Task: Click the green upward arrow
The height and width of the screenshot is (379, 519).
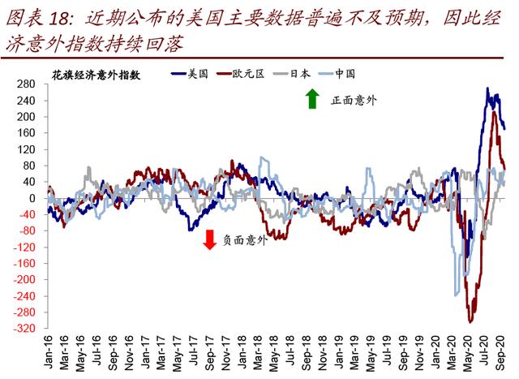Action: pyautogui.click(x=311, y=100)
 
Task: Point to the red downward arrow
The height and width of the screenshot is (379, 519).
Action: pyautogui.click(x=209, y=239)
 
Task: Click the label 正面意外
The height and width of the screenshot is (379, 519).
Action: pyautogui.click(x=354, y=101)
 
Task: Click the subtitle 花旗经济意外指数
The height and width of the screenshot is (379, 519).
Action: pyautogui.click(x=97, y=75)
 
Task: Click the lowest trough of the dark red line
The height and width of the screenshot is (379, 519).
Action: pyautogui.click(x=470, y=322)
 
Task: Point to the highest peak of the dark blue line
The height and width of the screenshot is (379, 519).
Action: pyautogui.click(x=487, y=88)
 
